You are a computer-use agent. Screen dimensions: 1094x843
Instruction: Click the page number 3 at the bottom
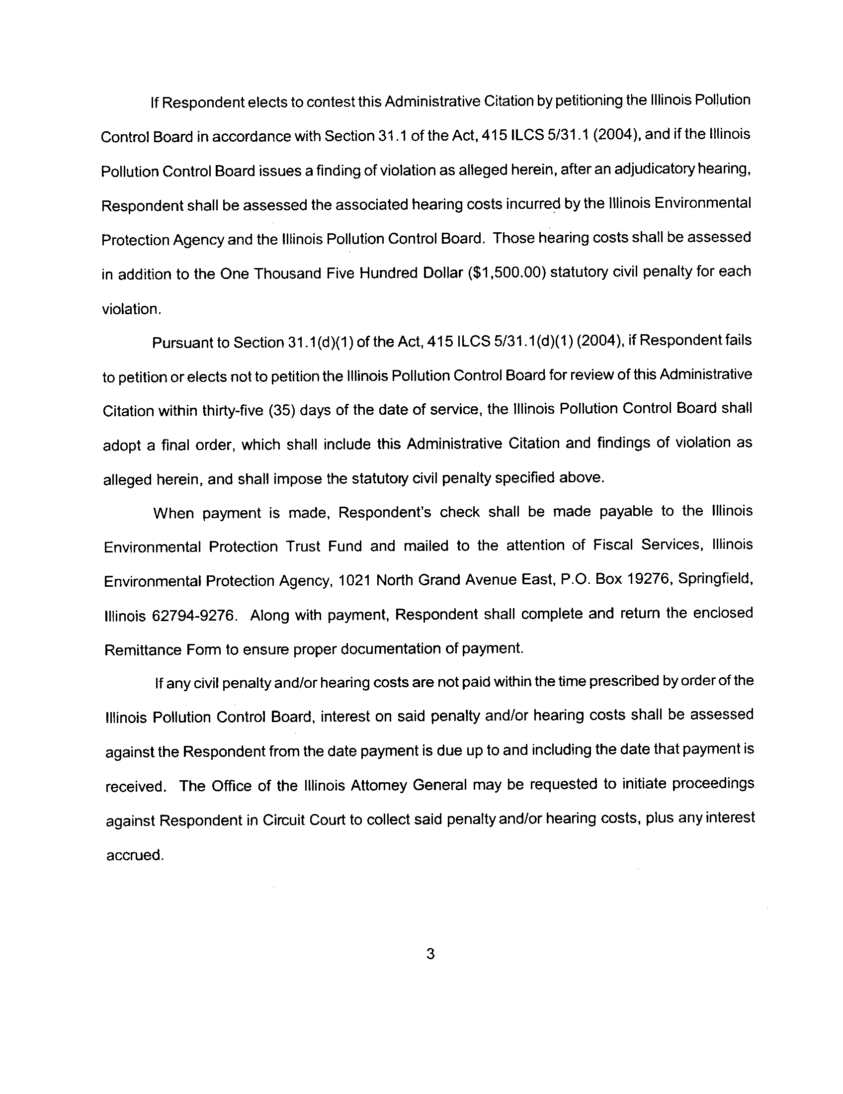point(430,954)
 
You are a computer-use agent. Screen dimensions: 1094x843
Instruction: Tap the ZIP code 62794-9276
point(193,615)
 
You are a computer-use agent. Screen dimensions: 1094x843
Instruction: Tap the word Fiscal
point(613,545)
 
